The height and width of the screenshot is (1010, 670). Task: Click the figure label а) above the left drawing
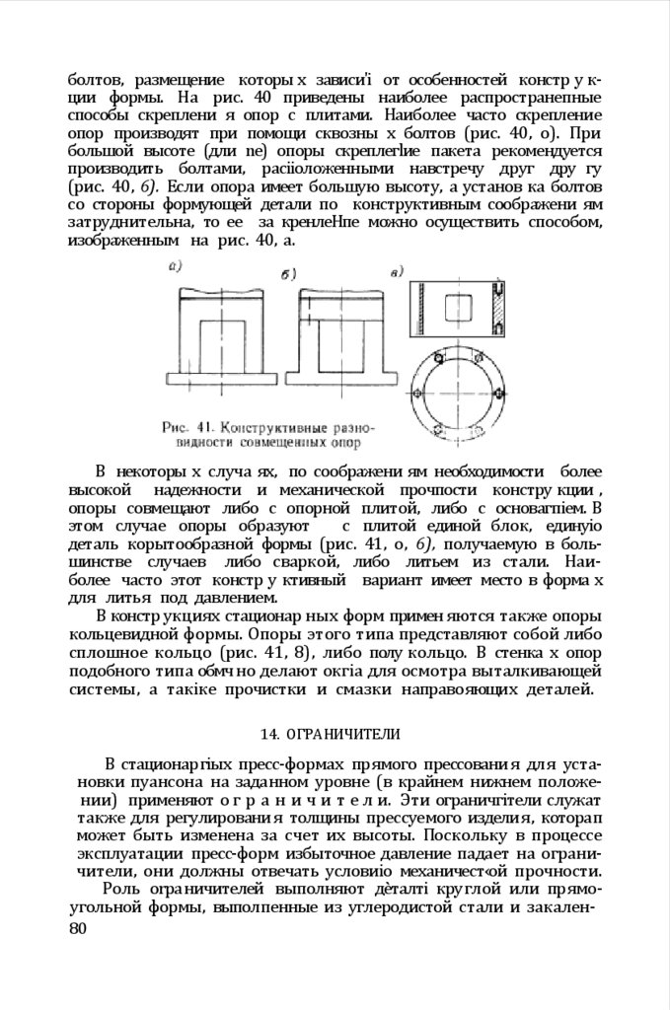coord(175,265)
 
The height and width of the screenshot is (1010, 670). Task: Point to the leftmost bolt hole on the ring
coord(413,394)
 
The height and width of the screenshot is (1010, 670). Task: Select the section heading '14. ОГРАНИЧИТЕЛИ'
coord(330,734)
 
